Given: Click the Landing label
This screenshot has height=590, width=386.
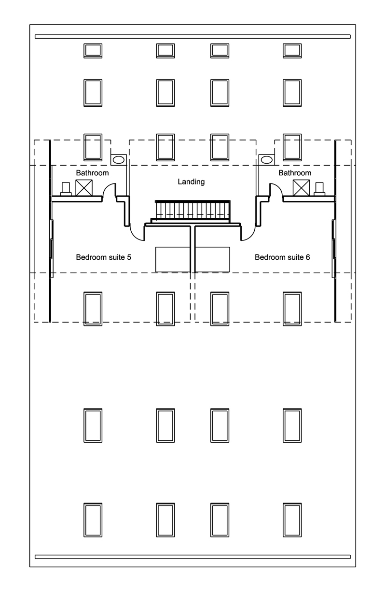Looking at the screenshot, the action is tap(191, 182).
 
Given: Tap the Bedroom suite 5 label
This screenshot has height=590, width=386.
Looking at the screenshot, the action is tap(103, 257).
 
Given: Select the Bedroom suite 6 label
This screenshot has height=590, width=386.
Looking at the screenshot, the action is tap(282, 257).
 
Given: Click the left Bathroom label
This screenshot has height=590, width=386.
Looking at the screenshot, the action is tap(93, 173).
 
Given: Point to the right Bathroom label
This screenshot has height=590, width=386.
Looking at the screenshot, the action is tap(295, 173).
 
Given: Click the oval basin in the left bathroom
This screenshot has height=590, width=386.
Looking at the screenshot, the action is tap(119, 160).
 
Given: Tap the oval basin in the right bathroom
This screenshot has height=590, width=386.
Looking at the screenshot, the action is tap(267, 160).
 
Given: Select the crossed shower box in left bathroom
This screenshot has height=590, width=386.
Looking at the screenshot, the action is tap(84, 188).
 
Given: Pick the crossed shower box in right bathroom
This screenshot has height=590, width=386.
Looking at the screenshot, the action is tap(301, 188).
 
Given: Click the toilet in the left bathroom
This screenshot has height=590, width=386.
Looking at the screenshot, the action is tap(66, 189).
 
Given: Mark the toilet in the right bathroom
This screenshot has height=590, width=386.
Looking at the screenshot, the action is tap(319, 189).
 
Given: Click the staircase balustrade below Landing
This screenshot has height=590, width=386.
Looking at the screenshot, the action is tap(193, 210).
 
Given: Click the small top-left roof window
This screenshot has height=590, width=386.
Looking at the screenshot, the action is tap(93, 51).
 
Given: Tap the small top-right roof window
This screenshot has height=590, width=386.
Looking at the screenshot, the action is tap(292, 51).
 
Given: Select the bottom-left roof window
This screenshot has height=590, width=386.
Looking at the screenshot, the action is tap(93, 520).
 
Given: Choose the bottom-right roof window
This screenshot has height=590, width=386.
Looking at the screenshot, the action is tap(292, 520).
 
